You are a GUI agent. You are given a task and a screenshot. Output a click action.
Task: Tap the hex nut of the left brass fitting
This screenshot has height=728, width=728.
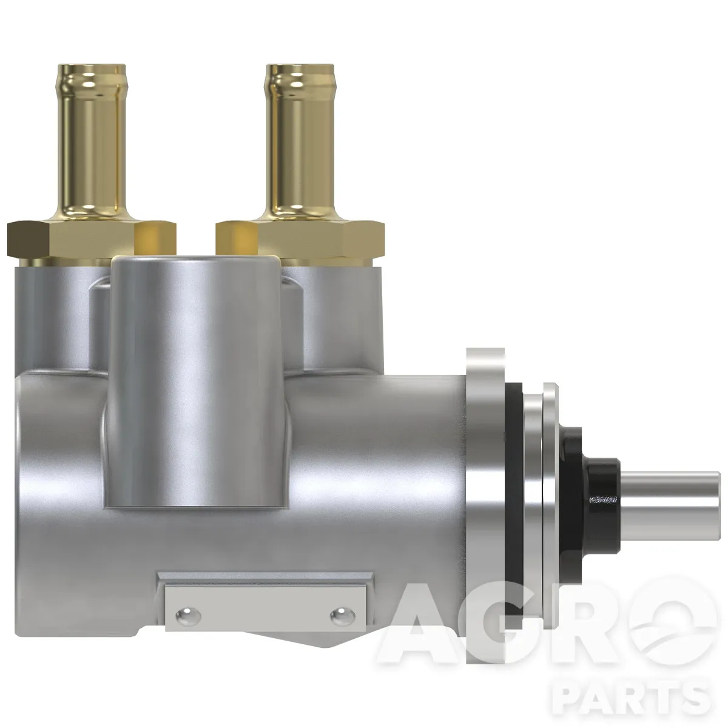click(x=92, y=240)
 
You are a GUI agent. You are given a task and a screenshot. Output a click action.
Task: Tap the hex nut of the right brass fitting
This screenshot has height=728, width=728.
click(x=300, y=240)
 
